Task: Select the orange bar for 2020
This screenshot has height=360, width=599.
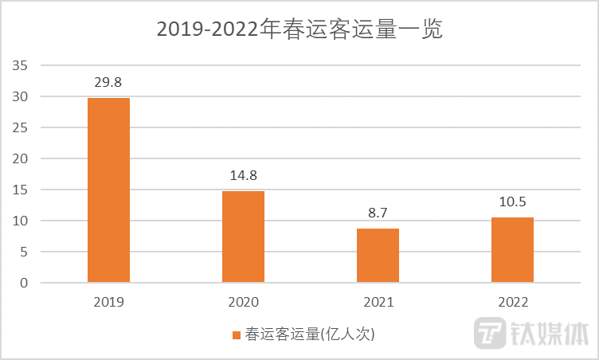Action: (x=243, y=237)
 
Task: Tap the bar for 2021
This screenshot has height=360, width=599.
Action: (x=378, y=256)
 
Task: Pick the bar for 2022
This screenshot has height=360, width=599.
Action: (x=512, y=250)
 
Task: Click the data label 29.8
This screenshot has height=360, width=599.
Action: (x=108, y=81)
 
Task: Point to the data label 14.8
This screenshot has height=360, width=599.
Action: (x=243, y=175)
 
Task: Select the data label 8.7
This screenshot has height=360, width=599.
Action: (x=378, y=213)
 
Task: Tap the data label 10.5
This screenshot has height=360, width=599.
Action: (x=512, y=202)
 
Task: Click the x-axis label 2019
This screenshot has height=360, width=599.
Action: (x=108, y=303)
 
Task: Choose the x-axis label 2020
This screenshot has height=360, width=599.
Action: (x=243, y=303)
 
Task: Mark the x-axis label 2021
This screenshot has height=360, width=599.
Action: (x=378, y=303)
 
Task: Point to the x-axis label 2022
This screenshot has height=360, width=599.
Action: (x=512, y=303)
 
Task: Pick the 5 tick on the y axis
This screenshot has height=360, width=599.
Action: (x=24, y=252)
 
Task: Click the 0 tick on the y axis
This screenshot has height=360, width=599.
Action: (x=24, y=283)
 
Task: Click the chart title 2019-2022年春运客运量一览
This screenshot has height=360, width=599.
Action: (x=299, y=29)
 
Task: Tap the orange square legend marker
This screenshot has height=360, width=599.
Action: (x=236, y=335)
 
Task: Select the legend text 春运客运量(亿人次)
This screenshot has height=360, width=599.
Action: (x=309, y=335)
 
